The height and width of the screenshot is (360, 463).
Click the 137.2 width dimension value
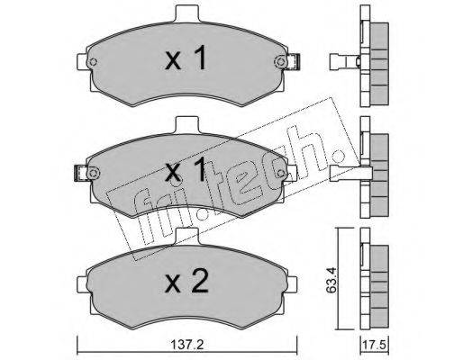[x=187, y=344]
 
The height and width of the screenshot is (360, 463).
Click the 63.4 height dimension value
[x=331, y=279]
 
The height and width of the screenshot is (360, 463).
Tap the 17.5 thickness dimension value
[x=375, y=344]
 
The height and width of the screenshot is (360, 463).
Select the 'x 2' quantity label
[x=186, y=281]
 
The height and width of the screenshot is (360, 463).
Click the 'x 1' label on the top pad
[x=186, y=58]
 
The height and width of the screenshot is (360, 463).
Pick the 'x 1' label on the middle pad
[x=186, y=169]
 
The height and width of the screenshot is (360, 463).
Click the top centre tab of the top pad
[x=186, y=13]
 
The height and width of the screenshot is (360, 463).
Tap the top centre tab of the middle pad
[x=186, y=124]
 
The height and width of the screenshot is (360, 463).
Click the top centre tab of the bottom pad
[x=186, y=236]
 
